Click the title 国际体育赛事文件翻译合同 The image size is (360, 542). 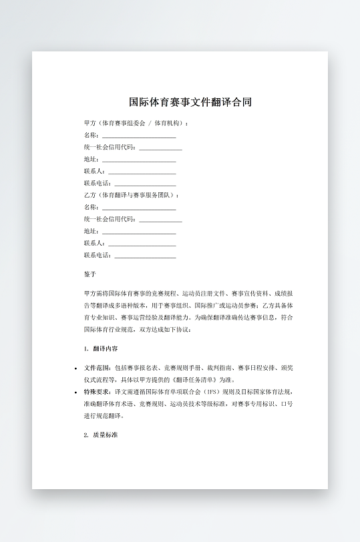click(x=190, y=102)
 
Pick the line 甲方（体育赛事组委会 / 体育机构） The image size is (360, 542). click(x=136, y=123)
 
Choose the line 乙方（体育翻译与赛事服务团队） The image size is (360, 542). click(x=132, y=196)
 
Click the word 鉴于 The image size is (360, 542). click(x=90, y=274)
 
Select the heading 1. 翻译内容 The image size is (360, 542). click(x=102, y=349)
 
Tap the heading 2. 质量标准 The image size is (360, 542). click(x=101, y=435)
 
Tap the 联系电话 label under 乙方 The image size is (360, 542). click(x=98, y=256)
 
